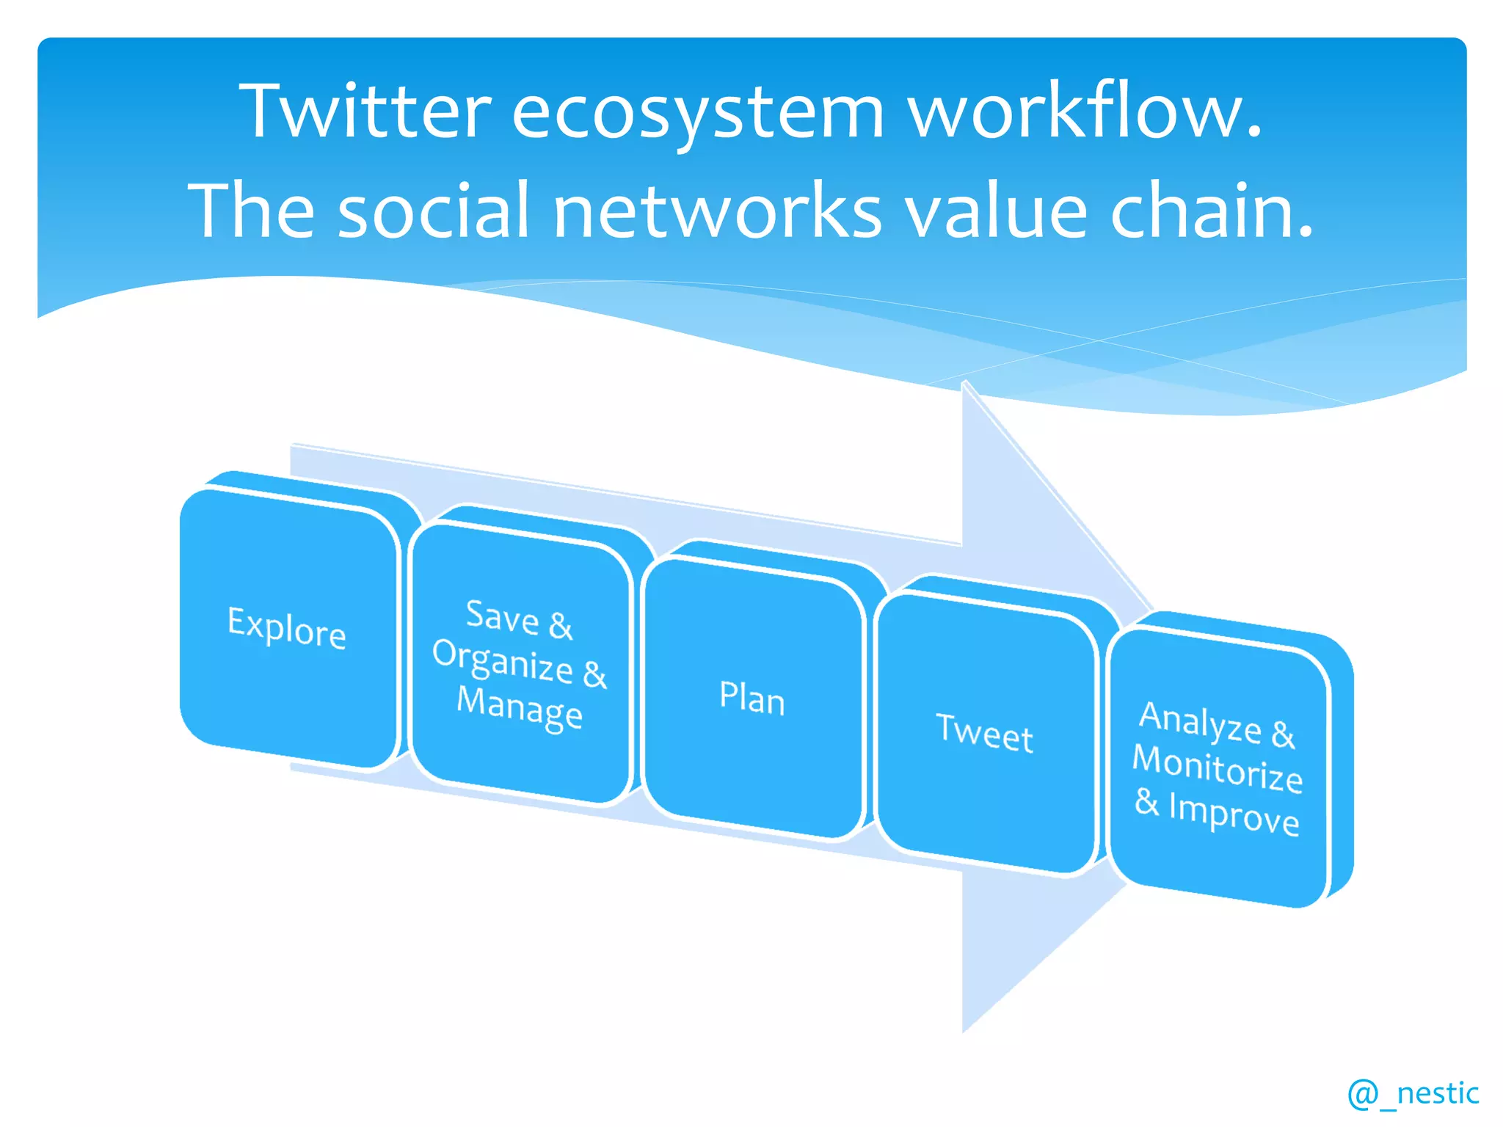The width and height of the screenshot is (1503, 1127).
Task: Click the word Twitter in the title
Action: [365, 112]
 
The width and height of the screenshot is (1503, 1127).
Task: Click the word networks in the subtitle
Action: [717, 211]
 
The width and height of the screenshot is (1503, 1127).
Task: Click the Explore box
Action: [288, 628]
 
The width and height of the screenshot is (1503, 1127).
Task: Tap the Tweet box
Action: [985, 732]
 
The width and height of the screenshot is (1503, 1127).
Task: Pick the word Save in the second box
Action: [503, 616]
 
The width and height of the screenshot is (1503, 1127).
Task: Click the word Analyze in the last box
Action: [1200, 721]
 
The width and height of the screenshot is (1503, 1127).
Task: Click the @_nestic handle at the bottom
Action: [1413, 1093]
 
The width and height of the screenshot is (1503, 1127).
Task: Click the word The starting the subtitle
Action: [252, 211]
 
